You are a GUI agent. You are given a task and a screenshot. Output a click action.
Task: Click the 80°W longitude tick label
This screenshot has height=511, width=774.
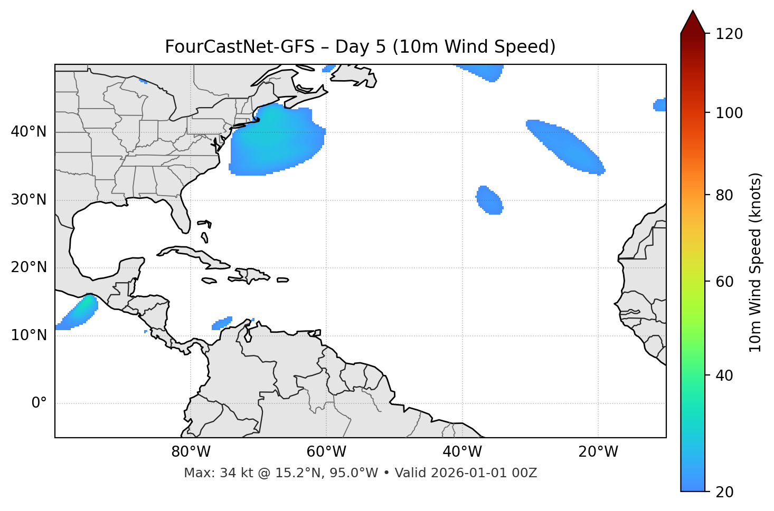(x=191, y=452)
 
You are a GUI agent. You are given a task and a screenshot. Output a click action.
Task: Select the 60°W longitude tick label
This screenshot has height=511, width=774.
(x=326, y=452)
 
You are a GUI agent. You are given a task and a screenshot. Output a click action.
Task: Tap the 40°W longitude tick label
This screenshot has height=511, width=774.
(x=462, y=452)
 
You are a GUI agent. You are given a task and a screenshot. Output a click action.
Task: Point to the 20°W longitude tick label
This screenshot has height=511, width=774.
(x=598, y=452)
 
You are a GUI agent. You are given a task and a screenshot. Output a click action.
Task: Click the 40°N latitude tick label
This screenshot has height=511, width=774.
(x=29, y=132)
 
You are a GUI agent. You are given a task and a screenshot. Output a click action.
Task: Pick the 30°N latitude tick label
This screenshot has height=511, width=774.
(x=29, y=200)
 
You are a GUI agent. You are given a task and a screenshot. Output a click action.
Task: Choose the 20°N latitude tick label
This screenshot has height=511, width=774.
(x=29, y=267)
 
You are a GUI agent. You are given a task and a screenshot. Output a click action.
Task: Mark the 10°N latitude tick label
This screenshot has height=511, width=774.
(x=29, y=335)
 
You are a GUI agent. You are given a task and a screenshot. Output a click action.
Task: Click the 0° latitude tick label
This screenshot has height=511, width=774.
(x=39, y=403)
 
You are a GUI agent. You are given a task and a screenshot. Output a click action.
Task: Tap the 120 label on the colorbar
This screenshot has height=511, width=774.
(x=729, y=34)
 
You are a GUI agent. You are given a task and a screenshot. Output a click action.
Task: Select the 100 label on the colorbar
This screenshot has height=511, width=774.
(x=729, y=113)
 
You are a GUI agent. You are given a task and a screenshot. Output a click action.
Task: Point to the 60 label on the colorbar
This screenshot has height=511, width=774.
(x=725, y=282)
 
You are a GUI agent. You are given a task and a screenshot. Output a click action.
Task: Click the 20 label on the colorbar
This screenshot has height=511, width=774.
(x=725, y=492)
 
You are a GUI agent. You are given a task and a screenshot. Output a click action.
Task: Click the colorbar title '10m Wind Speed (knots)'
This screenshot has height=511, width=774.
(x=756, y=263)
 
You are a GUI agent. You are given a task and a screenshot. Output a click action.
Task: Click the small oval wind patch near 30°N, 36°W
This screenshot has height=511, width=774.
(x=489, y=200)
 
